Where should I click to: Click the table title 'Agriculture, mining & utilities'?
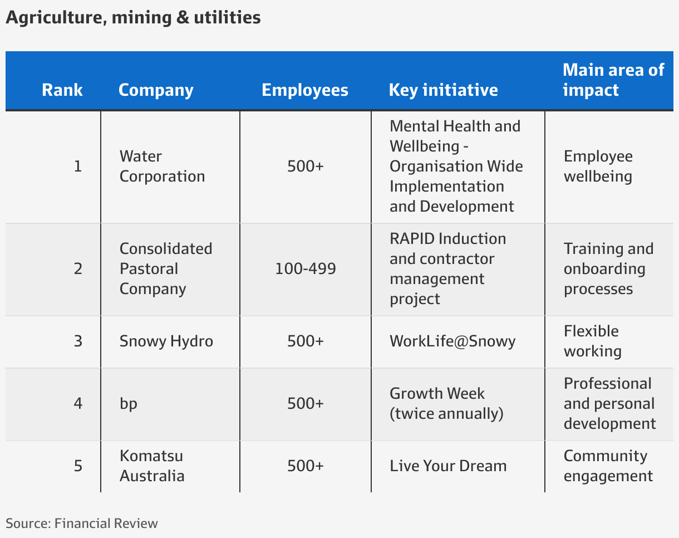pos(133,18)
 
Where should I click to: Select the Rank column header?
pos(62,90)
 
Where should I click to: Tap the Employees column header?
pos(305,90)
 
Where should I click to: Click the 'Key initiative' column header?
pos(444,90)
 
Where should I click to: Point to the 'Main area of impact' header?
pos(613,80)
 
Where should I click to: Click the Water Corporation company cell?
pos(162,166)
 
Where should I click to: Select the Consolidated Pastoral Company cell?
pos(166,269)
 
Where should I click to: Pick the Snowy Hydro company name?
pos(166,341)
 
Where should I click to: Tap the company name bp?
pos(129,404)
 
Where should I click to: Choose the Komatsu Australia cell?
pos(152,466)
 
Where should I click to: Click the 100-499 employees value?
pos(306,269)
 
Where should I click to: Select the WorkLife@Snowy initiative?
pos(452,341)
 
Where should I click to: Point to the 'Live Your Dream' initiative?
pos(448,466)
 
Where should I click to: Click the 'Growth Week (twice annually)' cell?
pos(446,403)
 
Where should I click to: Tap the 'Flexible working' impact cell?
pos(593,341)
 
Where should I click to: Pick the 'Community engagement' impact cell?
pos(608,466)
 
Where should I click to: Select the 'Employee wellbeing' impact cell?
pos(598,166)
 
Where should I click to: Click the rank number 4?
pos(78,404)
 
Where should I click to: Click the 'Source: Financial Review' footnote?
pos(82,524)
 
